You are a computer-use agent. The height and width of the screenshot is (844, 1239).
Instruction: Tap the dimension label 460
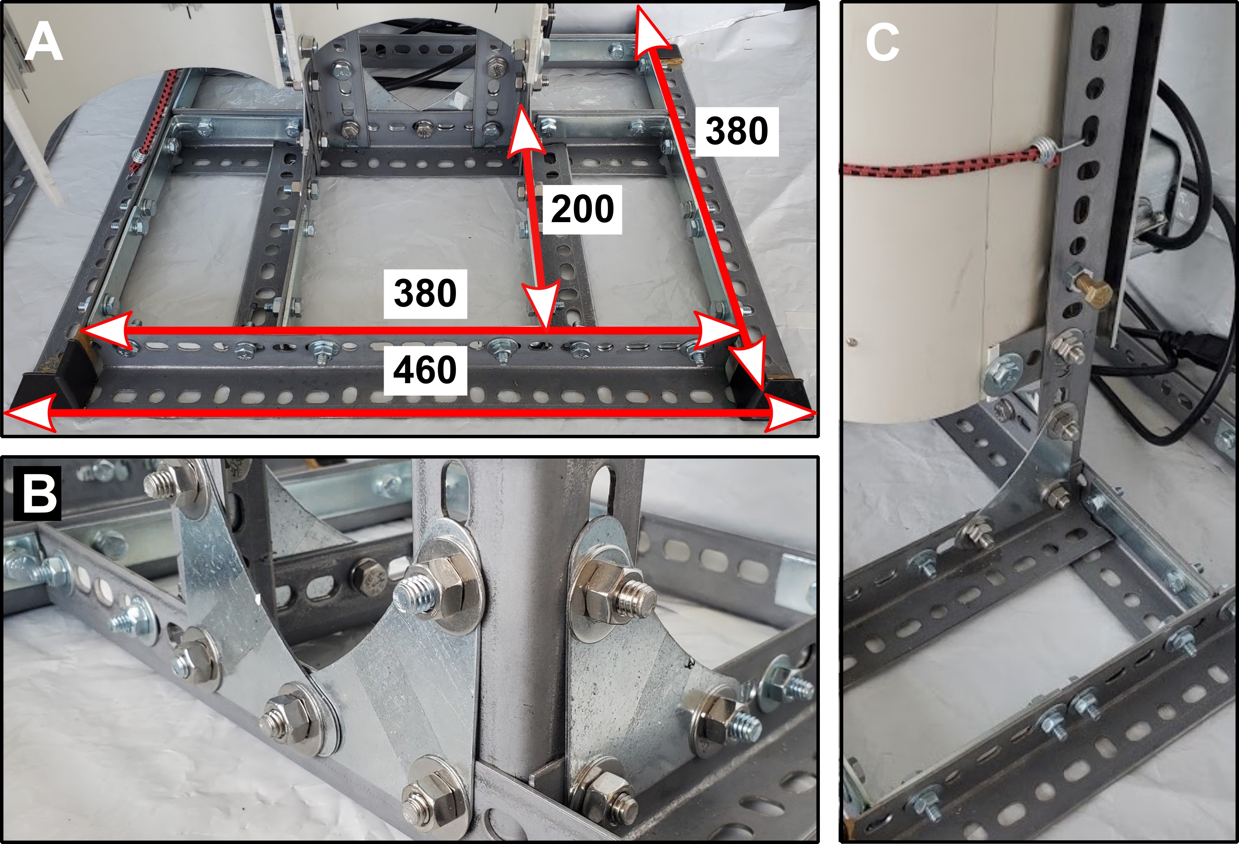pyautogui.click(x=425, y=370)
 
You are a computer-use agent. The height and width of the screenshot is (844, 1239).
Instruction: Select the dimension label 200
pyautogui.click(x=582, y=209)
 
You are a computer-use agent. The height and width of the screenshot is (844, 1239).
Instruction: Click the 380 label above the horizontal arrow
pyautogui.click(x=425, y=293)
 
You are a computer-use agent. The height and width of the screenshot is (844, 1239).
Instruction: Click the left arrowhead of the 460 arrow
pyautogui.click(x=29, y=413)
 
